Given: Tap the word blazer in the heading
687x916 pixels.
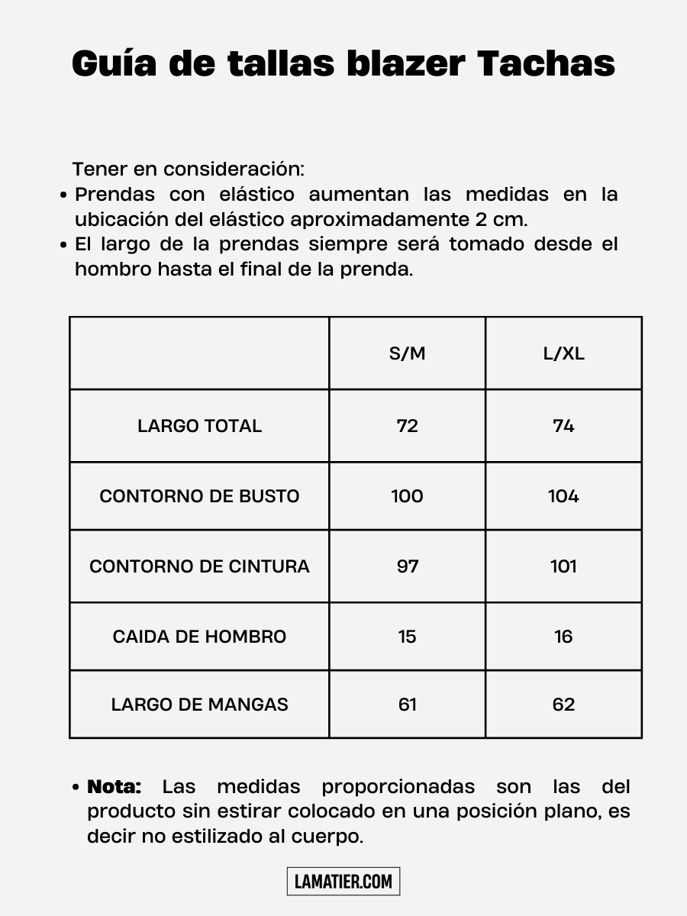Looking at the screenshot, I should (x=405, y=64).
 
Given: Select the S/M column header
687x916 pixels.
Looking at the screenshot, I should (x=407, y=353).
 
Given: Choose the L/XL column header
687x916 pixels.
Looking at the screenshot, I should (x=563, y=353).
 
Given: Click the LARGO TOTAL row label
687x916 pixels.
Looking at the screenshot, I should (x=199, y=426).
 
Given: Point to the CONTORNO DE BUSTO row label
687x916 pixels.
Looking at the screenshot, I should (x=199, y=496).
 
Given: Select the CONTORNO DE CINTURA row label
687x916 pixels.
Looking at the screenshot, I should (x=199, y=566).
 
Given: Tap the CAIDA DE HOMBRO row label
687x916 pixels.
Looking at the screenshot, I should (x=199, y=637).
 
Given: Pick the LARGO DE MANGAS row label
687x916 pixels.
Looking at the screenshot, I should (x=199, y=705).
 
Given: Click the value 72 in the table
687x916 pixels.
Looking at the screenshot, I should (x=407, y=426).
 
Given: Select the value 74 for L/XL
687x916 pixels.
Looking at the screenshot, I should (x=563, y=426).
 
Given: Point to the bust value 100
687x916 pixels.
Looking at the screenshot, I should (x=407, y=496).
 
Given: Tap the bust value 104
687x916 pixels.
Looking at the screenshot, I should (x=563, y=496).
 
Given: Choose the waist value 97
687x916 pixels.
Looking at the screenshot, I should (x=407, y=566).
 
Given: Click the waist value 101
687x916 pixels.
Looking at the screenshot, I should (x=563, y=566).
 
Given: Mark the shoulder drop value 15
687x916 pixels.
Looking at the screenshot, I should (x=407, y=637).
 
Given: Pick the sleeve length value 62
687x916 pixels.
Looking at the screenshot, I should (x=563, y=705).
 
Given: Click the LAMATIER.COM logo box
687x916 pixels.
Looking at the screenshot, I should (x=343, y=882).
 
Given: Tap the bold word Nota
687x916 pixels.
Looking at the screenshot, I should (x=114, y=787).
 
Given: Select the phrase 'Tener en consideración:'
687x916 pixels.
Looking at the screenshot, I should (x=188, y=169).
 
